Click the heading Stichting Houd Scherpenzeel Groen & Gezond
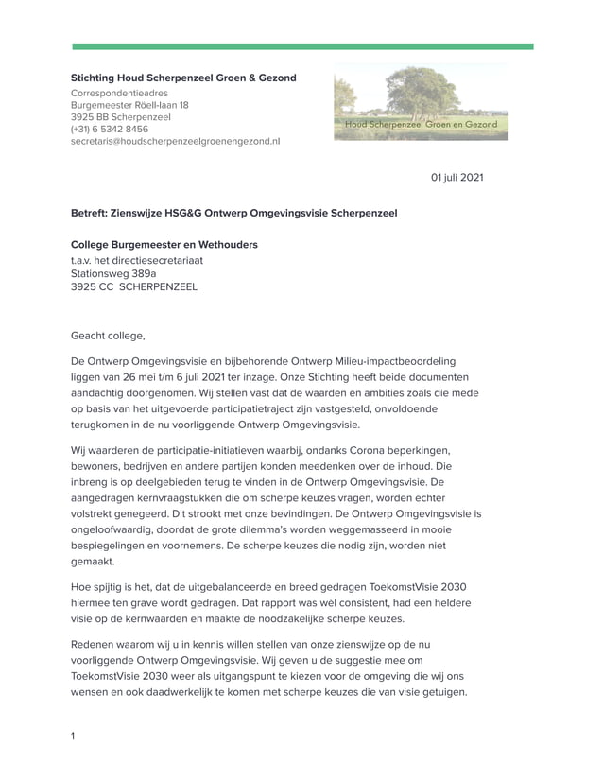[183, 78]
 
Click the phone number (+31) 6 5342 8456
[110, 129]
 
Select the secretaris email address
[175, 141]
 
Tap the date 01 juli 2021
[457, 177]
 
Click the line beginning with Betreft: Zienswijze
[233, 213]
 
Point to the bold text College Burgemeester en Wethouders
[164, 244]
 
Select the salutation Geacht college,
[109, 335]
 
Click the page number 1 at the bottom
[74, 736]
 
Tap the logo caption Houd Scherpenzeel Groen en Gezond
[421, 125]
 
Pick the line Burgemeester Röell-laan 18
[129, 105]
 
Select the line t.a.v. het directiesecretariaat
[137, 259]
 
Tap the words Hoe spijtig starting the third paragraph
[97, 586]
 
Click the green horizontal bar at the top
[302, 46]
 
